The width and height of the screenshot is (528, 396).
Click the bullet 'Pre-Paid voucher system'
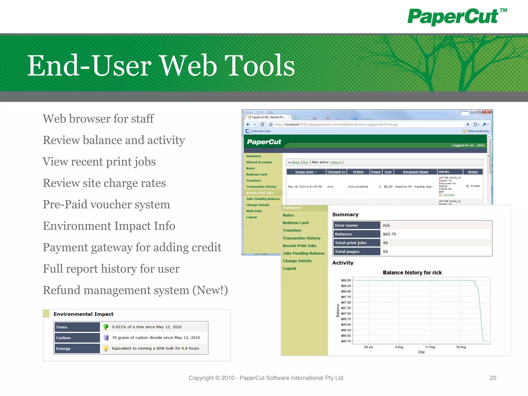click(x=106, y=204)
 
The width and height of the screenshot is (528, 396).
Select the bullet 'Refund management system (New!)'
click(x=135, y=290)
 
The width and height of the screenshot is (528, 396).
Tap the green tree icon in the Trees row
click(x=106, y=327)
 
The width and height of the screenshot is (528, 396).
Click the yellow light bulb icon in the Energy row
click(x=106, y=348)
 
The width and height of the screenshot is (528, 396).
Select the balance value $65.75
click(x=389, y=234)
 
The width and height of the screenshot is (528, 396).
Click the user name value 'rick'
click(x=386, y=225)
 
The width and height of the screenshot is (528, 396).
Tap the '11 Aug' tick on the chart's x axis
click(x=430, y=347)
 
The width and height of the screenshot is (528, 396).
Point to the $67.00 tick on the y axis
click(x=346, y=313)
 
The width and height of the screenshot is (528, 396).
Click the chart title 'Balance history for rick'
click(x=412, y=273)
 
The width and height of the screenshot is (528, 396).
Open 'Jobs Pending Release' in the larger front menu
click(x=303, y=253)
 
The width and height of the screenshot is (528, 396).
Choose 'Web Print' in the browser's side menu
click(x=254, y=211)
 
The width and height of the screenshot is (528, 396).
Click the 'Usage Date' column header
click(x=304, y=172)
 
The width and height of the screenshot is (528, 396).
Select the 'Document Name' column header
click(x=415, y=172)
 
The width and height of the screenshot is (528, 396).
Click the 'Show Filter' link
click(x=300, y=162)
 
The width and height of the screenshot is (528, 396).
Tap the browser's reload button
click(x=262, y=125)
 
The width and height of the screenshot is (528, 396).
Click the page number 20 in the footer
click(x=493, y=378)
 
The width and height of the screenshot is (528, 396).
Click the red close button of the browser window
click(x=487, y=112)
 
